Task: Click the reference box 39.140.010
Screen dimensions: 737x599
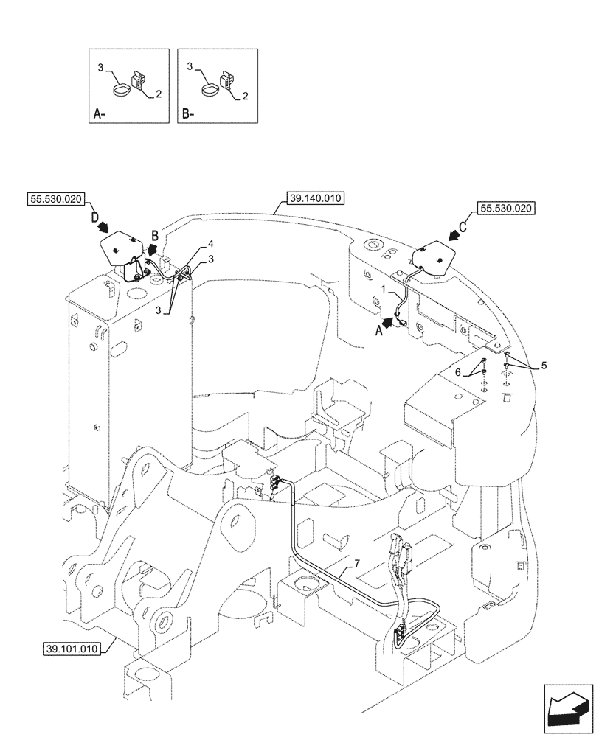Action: [314, 198]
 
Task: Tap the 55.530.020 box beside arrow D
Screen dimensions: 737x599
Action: [57, 198]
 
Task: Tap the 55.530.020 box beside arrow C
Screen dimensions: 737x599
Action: [507, 209]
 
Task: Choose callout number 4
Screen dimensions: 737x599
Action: [210, 243]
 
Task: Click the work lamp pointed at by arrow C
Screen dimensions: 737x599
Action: [427, 260]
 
